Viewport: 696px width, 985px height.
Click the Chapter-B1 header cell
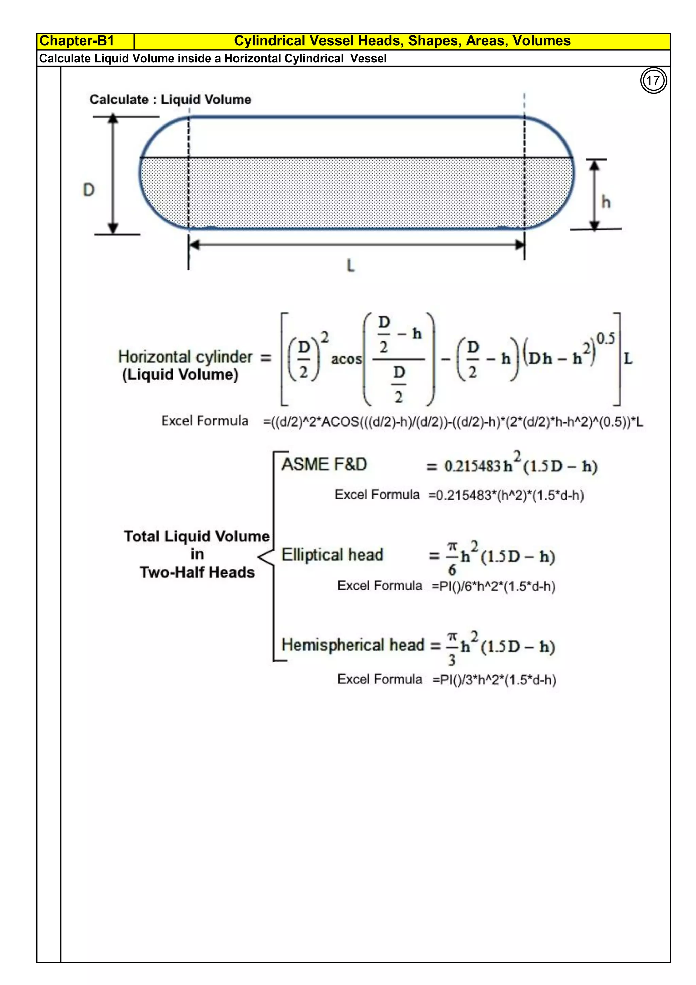85,41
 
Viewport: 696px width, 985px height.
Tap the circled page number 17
653,81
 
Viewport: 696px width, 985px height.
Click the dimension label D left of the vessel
89,190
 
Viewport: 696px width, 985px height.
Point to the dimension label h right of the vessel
606,202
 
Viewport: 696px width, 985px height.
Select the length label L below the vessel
351,266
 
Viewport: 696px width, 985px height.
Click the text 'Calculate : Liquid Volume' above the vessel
170,100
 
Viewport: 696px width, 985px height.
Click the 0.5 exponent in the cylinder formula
606,338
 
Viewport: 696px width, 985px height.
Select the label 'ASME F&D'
324,465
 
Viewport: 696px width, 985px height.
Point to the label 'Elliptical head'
332,555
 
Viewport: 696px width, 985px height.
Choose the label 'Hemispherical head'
353,645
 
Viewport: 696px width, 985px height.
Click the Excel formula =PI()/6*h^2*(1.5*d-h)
493,586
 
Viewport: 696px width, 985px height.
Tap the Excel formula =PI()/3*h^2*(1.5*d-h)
494,680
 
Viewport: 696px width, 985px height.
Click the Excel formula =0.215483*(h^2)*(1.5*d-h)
506,496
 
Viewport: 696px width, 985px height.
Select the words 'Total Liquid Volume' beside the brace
197,536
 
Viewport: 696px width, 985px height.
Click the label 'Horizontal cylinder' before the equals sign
185,357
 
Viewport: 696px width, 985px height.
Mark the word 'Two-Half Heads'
197,572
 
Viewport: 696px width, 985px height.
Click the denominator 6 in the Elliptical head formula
452,570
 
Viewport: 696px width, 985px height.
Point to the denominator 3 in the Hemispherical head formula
452,660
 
